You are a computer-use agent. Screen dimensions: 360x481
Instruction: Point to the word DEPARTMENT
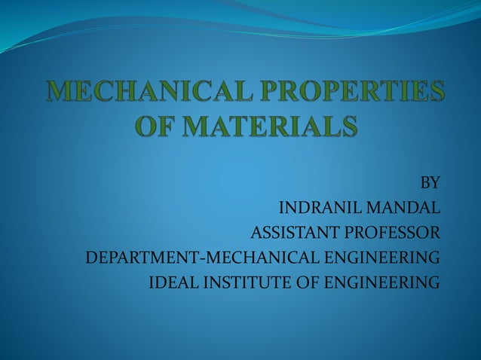pos(141,258)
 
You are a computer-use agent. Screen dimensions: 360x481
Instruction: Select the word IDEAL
pos(170,283)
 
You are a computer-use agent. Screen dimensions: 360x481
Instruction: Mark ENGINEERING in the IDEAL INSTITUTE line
pos(381,283)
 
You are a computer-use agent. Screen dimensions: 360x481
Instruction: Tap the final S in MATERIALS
pos(346,126)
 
